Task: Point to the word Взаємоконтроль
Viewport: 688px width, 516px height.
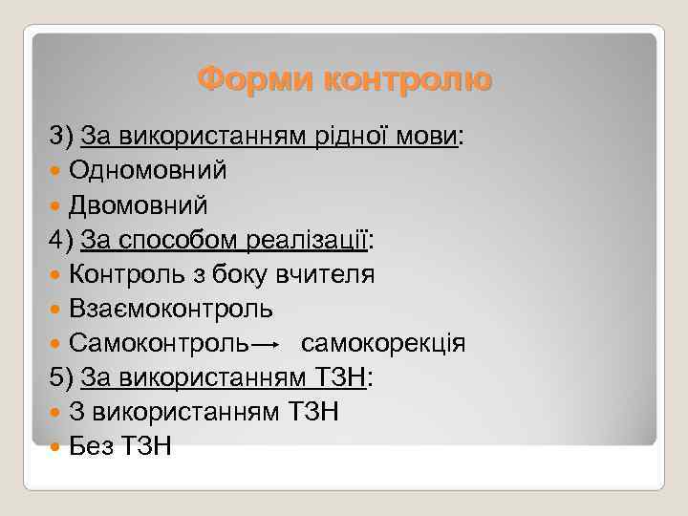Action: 171,309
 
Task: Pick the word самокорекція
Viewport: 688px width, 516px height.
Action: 383,343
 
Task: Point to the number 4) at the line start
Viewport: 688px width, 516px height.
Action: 63,240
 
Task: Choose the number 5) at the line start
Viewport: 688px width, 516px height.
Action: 63,377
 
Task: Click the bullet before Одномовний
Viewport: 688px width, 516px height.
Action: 56,172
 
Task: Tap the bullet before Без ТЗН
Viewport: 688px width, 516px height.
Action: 56,447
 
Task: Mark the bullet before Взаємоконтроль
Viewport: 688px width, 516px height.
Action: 56,310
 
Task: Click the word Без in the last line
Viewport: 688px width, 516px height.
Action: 92,446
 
